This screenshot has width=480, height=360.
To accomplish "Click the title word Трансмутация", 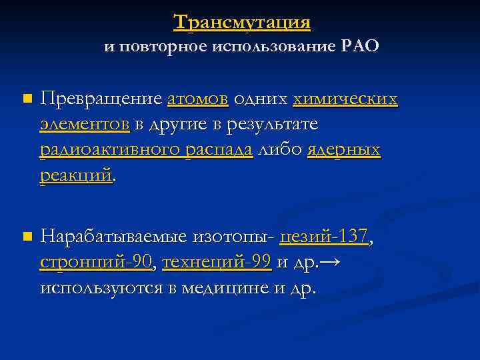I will click(242, 22).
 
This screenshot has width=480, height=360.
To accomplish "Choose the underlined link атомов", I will click(198, 99).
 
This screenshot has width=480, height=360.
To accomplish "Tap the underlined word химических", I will click(345, 99).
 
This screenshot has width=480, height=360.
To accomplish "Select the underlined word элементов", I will click(85, 125).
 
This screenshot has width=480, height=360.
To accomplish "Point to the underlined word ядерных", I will click(344, 150).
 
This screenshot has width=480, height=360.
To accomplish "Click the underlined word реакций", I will click(76, 175).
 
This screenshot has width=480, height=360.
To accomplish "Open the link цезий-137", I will click(324, 236).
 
